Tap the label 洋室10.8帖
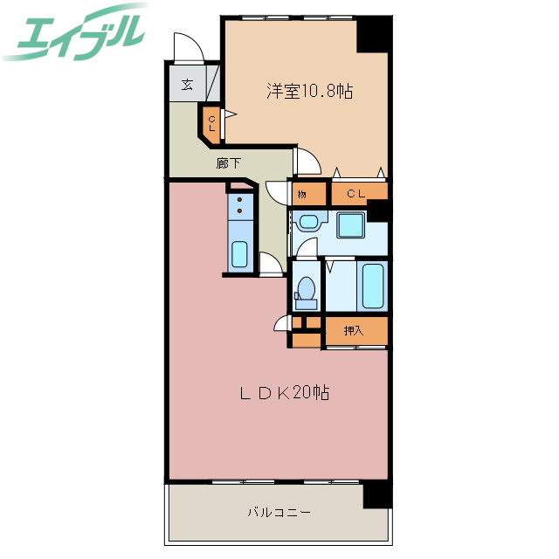309,92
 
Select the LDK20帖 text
284,394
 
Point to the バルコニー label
279,513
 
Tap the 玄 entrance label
188,86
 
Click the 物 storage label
301,193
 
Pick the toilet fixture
306,290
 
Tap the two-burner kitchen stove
239,207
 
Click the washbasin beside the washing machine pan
308,222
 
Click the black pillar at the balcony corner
377,494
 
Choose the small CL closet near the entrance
211,122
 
